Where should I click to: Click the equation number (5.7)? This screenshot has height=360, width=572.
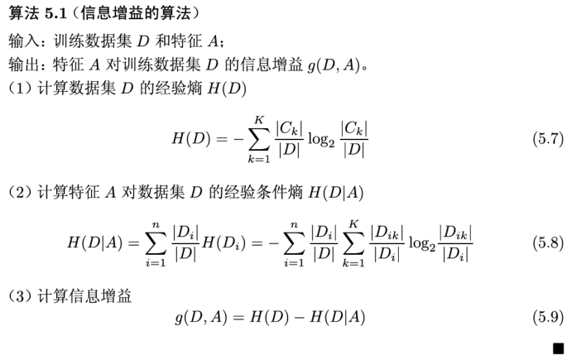[x=546, y=138]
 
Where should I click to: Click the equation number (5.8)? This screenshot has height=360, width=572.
[x=546, y=242]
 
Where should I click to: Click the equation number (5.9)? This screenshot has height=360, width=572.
[x=546, y=317]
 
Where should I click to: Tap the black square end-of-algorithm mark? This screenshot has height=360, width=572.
[x=559, y=348]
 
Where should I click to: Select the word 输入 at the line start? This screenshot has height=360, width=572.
[x=22, y=40]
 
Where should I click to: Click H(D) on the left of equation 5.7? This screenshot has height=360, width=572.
[x=190, y=138]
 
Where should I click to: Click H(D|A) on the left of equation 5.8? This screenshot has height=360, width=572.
[x=94, y=242]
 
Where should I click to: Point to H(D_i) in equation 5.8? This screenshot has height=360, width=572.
[x=219, y=242]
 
